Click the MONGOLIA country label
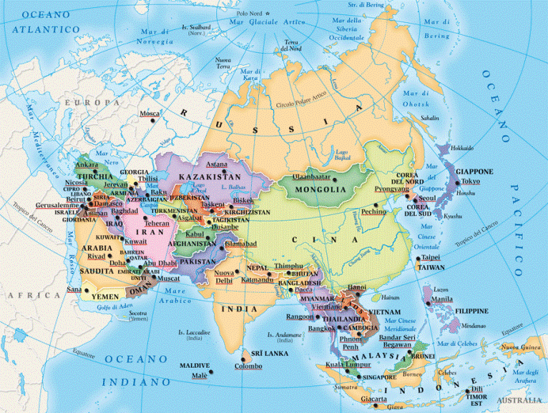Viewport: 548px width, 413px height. click(321, 190)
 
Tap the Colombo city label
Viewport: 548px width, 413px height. click(248, 366)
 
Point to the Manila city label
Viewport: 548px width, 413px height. click(443, 300)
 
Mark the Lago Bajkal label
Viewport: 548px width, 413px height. click(342, 153)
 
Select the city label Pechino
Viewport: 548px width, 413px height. click(374, 212)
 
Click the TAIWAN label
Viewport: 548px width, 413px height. click(431, 268)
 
